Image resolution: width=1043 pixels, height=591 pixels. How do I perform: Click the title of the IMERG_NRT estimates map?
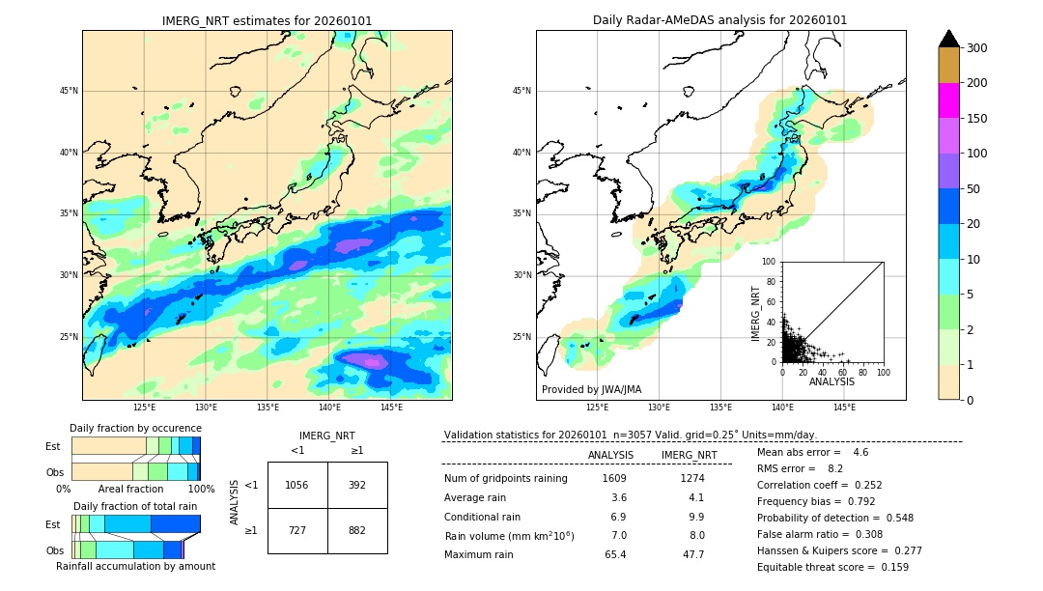coord(267,20)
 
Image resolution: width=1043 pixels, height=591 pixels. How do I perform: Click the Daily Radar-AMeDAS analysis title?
coord(719,20)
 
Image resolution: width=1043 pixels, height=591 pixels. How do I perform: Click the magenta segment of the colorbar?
coord(948,100)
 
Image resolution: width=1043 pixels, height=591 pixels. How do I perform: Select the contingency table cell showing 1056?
coord(297,485)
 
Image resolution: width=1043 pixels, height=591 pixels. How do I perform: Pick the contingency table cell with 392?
coord(357,485)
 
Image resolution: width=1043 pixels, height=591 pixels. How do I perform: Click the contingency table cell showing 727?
coord(297,530)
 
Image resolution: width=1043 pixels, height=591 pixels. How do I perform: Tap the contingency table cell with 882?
coord(357,530)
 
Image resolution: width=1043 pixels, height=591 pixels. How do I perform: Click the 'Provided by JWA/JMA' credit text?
coord(591,390)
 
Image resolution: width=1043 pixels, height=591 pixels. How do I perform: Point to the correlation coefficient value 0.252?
coord(865,486)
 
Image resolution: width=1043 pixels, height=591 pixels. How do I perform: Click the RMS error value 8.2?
coord(835,468)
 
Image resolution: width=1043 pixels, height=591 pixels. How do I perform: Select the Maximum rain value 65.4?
coord(614,554)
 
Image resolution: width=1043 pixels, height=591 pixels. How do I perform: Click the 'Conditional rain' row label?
coord(482,517)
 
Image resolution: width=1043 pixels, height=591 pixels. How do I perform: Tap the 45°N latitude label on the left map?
coord(69,91)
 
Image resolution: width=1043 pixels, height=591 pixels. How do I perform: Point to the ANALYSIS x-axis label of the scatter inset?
coord(832,381)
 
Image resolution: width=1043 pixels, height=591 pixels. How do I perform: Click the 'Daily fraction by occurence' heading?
coord(135,428)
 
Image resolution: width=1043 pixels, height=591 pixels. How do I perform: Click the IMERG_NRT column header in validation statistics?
coord(689,455)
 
